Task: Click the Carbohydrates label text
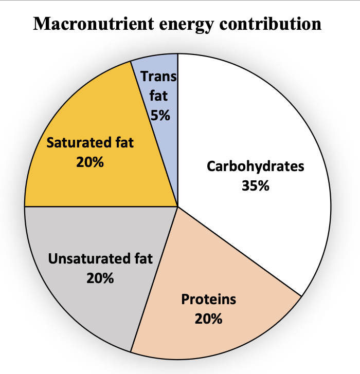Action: click(x=256, y=167)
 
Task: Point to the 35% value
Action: click(x=256, y=185)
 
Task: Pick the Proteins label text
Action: click(x=209, y=300)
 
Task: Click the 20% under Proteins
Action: click(x=209, y=319)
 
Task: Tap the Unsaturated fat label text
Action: click(x=100, y=259)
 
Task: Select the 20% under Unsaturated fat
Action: click(x=100, y=278)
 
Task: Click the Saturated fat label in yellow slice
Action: click(x=91, y=142)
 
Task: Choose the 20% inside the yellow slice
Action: click(x=91, y=162)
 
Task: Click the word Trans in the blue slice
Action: click(x=158, y=77)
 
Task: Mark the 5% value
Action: click(x=160, y=115)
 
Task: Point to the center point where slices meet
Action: click(x=178, y=207)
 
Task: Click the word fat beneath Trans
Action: click(x=158, y=96)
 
